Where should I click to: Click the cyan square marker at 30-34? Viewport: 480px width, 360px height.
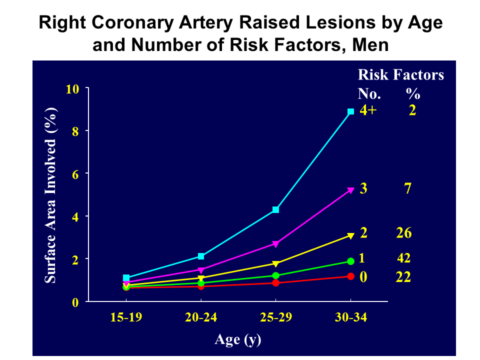click(351, 111)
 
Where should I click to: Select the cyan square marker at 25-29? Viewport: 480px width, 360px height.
click(275, 209)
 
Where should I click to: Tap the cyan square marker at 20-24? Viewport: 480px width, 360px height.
click(201, 256)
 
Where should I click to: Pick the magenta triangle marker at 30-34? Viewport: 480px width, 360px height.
click(351, 190)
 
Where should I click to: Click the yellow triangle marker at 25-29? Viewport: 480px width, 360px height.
click(275, 263)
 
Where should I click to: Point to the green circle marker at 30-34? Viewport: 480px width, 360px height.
click(351, 261)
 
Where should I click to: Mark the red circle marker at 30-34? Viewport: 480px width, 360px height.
click(351, 276)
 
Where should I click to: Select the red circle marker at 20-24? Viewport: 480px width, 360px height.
click(201, 286)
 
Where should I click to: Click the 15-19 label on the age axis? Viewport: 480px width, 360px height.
click(125, 318)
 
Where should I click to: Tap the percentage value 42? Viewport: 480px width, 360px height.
click(403, 258)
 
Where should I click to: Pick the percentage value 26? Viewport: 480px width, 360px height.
click(403, 233)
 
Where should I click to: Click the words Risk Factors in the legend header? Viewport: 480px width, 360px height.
click(400, 75)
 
